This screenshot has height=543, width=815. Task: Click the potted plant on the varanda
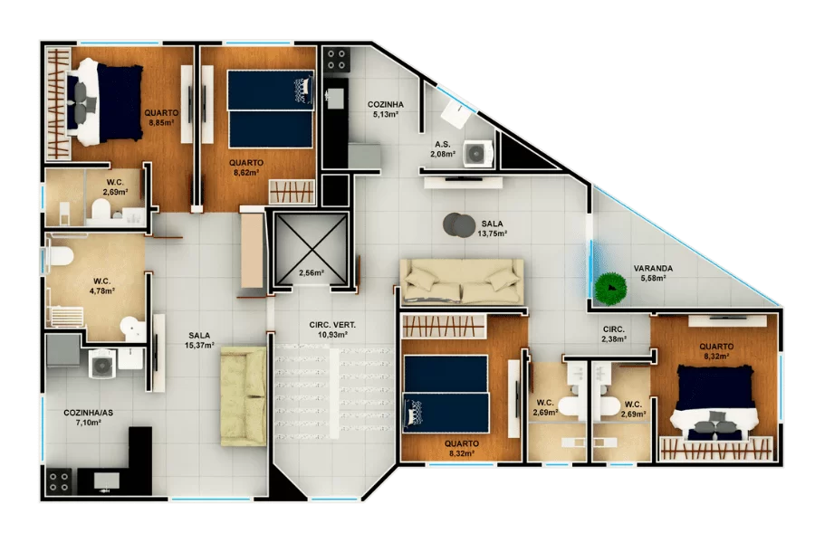[611, 289]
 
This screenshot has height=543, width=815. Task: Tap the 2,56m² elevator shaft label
[312, 272]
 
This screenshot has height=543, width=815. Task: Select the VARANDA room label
[653, 269]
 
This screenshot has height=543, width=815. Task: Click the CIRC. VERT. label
[332, 325]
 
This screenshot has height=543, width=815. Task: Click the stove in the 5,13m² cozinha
[336, 60]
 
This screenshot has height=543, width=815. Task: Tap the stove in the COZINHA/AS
[58, 481]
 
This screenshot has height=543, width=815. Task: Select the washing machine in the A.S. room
[477, 153]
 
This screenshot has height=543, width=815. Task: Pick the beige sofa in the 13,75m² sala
[462, 281]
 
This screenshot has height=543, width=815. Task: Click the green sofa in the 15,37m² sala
[244, 396]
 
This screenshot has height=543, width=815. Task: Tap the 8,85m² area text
[161, 123]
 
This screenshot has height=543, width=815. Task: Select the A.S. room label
[443, 145]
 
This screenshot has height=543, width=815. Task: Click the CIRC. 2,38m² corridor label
[614, 334]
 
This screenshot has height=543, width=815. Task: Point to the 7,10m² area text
[88, 423]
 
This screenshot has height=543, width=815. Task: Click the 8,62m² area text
[246, 173]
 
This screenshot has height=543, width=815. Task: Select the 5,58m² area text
[653, 278]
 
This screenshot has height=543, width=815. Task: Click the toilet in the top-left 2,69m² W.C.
[101, 211]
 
